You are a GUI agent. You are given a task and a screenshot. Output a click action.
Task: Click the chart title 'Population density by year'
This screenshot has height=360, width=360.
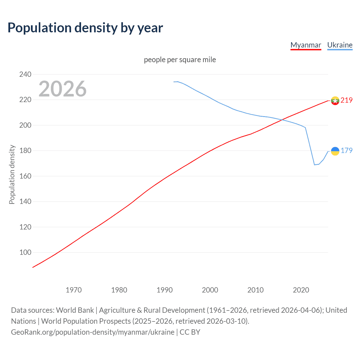(85, 28)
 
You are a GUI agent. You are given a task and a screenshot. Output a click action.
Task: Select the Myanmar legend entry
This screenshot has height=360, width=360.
(306, 45)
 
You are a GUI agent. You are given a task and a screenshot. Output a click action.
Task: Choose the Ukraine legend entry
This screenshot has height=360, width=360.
(340, 45)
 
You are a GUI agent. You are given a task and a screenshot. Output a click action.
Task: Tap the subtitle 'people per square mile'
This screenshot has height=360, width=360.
(180, 60)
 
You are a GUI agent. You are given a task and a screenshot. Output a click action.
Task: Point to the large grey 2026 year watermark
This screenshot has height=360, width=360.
(62, 89)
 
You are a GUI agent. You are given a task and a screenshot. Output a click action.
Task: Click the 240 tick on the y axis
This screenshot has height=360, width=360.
(25, 74)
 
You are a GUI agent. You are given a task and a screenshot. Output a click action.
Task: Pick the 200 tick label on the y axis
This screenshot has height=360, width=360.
(25, 125)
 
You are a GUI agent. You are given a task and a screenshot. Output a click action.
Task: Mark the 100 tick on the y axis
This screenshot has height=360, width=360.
(25, 252)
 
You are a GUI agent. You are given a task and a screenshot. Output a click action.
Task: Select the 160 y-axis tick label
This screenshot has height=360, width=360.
(25, 176)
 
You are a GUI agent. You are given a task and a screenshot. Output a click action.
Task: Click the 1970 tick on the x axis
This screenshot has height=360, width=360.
(74, 290)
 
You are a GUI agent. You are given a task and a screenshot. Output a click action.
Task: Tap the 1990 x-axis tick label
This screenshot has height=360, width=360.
(165, 290)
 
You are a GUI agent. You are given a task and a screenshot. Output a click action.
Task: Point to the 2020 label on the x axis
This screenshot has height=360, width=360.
(301, 290)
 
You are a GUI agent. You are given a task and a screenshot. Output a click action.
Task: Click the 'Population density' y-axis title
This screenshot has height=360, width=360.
(12, 174)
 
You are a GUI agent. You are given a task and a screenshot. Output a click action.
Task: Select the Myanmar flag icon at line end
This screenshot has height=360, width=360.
(335, 100)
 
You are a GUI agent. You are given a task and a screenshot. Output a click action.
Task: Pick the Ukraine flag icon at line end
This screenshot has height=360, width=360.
(335, 151)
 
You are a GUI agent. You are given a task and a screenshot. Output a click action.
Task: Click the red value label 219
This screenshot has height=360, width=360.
(346, 100)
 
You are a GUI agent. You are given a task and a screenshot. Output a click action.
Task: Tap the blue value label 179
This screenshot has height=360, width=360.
(346, 151)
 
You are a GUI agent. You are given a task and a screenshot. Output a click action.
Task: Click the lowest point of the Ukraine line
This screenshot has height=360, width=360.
(314, 165)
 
